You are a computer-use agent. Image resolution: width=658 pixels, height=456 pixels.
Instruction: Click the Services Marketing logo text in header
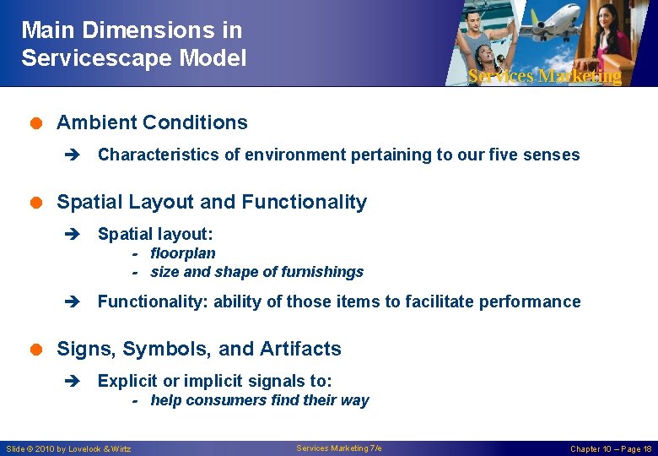coord(544,76)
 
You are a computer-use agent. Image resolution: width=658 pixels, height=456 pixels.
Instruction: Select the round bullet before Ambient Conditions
coord(37,123)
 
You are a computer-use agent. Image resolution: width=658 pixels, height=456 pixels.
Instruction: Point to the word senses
coord(552,155)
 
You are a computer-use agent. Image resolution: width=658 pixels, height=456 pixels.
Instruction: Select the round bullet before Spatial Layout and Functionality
coord(37,203)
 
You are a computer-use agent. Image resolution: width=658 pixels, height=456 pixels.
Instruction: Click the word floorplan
coord(182,253)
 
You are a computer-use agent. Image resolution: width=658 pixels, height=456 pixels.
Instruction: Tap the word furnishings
coord(324,272)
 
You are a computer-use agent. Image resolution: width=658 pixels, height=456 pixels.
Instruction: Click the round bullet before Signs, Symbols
coord(37,350)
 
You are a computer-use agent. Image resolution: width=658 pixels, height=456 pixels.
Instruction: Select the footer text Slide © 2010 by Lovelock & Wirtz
coord(68,448)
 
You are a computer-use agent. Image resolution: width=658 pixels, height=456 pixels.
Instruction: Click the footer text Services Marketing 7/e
coord(338,448)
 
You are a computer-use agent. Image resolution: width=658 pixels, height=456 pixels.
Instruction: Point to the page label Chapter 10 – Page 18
coord(611,448)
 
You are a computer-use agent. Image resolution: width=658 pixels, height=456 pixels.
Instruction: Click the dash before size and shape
coord(135,272)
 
